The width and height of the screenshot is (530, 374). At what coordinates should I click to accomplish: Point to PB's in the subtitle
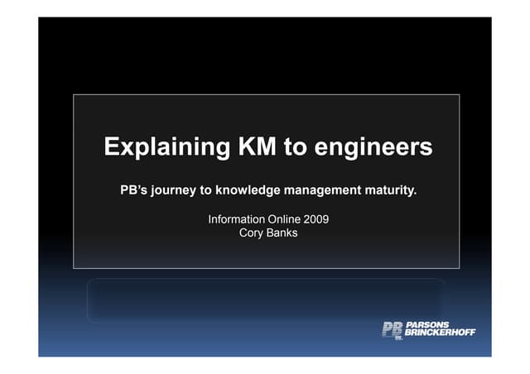pos(137,191)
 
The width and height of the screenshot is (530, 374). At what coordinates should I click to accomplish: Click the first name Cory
pos(250,233)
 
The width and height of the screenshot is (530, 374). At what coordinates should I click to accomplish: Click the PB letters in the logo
pos(391,329)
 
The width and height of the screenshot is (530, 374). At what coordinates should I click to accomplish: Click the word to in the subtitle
pos(207,191)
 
